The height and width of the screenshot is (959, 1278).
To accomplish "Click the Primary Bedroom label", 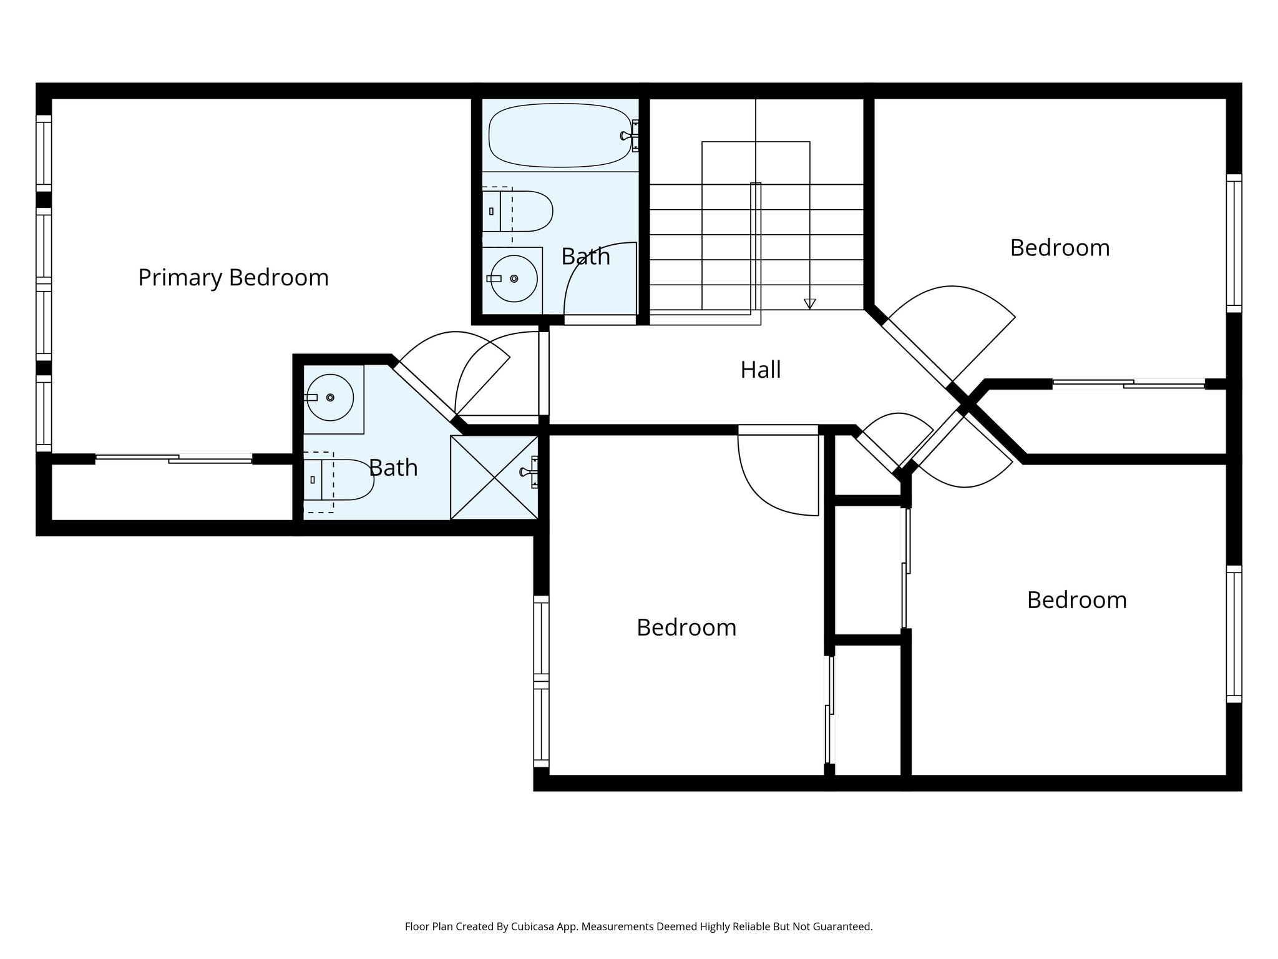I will tap(233, 277).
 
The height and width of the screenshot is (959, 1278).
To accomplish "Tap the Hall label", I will tap(760, 370).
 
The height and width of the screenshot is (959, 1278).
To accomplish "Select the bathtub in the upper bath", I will tap(559, 135).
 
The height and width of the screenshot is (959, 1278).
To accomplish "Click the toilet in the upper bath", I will tap(518, 212).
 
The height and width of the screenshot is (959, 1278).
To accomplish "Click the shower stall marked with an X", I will tap(494, 478).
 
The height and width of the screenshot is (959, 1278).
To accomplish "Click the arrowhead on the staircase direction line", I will tap(809, 304).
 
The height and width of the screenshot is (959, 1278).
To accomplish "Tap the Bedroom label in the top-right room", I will tap(1060, 248).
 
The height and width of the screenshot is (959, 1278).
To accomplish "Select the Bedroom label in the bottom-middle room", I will tap(686, 627).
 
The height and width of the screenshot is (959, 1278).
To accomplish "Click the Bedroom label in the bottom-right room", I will tap(1076, 600).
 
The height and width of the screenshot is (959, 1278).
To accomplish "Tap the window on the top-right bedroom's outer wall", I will tap(1234, 243).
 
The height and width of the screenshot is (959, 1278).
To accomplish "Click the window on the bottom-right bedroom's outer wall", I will tap(1234, 634).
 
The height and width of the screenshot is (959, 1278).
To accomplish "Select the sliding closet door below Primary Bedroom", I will tap(174, 460).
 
